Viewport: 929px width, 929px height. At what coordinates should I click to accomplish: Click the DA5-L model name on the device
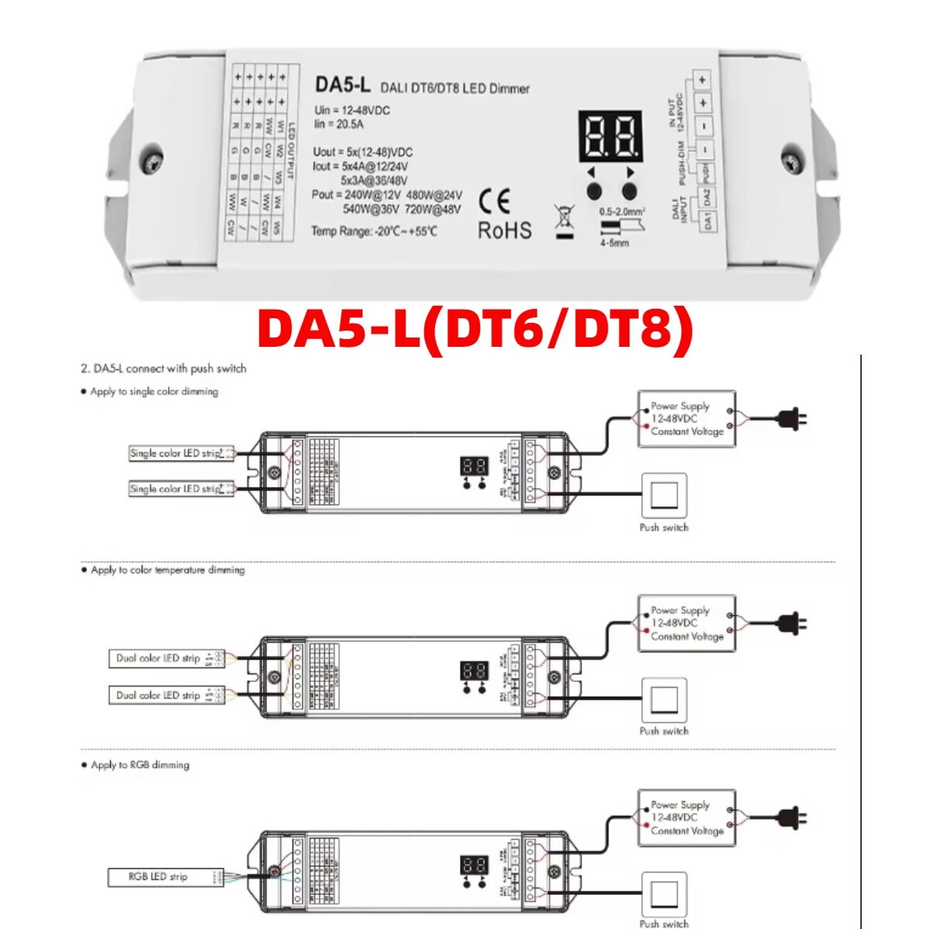click(x=342, y=84)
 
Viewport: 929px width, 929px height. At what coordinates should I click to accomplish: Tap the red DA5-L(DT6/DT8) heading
click(x=475, y=330)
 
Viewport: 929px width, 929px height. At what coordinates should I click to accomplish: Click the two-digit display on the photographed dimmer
click(x=610, y=136)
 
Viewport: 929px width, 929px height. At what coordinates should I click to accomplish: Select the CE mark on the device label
click(x=495, y=202)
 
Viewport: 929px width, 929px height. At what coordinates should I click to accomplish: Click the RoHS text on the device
click(x=505, y=230)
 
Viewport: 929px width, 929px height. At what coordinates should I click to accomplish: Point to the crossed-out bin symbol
click(x=565, y=221)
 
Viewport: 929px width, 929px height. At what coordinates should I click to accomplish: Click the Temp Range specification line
click(x=374, y=231)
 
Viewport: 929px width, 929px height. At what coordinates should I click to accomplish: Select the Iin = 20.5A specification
click(x=339, y=124)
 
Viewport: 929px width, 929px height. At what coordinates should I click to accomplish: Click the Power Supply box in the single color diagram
click(x=686, y=419)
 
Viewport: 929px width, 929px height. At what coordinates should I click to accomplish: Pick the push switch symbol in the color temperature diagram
click(x=663, y=700)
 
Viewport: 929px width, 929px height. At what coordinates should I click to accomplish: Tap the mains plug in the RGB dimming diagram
click(x=791, y=818)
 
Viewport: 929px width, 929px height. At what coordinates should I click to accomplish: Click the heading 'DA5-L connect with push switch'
click(x=163, y=369)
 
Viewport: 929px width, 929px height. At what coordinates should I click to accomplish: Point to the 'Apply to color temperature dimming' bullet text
click(x=167, y=570)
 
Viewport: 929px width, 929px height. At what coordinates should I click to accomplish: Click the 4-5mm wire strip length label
click(x=614, y=243)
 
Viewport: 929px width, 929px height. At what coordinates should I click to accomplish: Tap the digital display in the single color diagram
click(x=474, y=466)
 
